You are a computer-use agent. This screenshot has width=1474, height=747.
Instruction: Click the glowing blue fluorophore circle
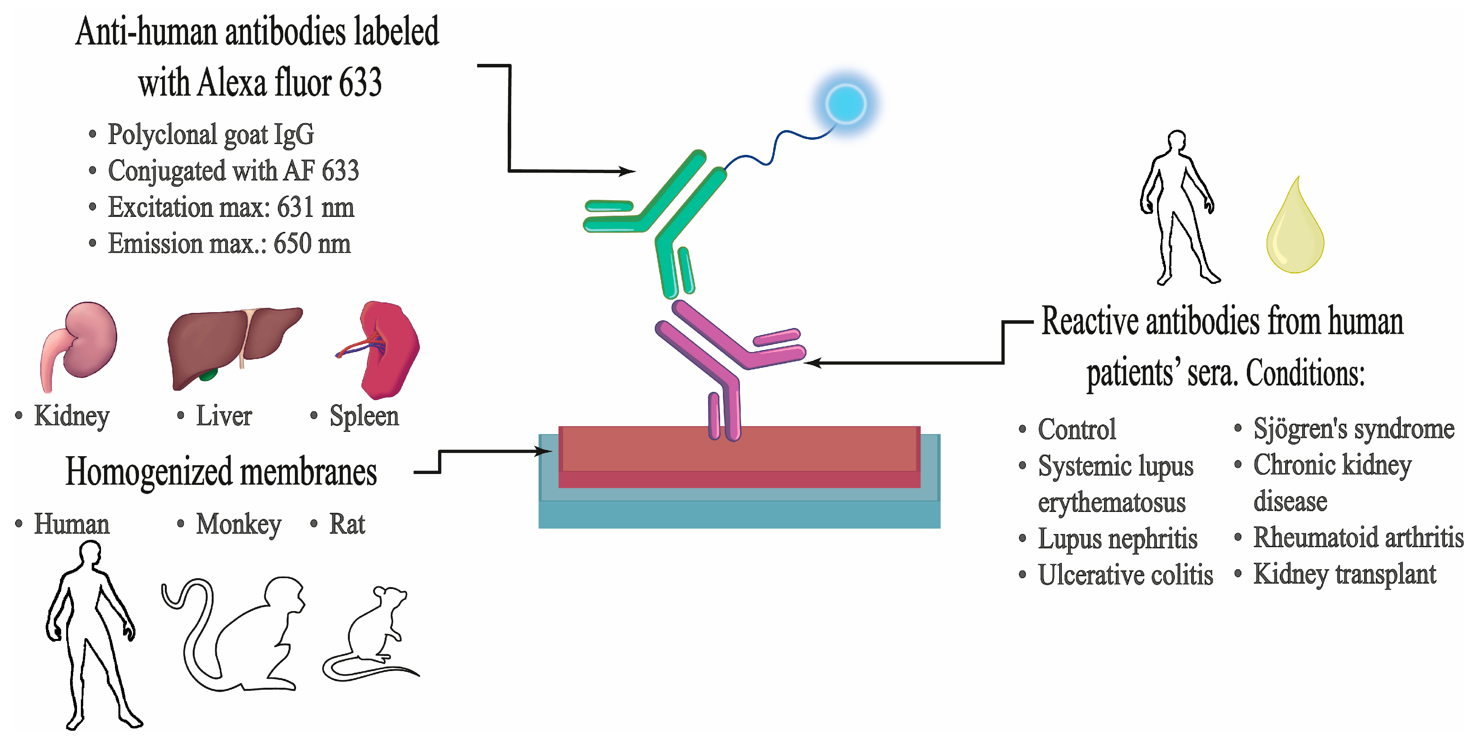pos(846,104)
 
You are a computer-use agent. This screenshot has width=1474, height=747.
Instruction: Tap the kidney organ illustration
pos(83,343)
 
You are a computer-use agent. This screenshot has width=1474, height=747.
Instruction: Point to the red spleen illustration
pos(389,349)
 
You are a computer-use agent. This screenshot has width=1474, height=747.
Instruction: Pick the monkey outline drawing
pos(240,635)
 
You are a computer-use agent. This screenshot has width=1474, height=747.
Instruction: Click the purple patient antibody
pos(727,366)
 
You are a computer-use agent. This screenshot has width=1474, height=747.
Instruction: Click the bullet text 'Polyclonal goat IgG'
pos(211,134)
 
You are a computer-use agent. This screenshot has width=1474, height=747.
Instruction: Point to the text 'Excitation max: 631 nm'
pos(231,207)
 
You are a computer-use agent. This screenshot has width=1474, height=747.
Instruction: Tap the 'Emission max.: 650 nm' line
pos(229,244)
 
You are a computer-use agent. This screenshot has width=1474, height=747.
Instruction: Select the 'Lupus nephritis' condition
pos(1117,539)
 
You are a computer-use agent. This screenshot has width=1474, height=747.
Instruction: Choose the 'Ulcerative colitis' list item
pos(1125,575)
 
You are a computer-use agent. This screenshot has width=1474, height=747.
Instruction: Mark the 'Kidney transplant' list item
pos(1344,575)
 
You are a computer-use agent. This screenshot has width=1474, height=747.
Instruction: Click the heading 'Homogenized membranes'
pos(221,472)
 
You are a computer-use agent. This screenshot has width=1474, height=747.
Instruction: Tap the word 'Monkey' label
pos(239,524)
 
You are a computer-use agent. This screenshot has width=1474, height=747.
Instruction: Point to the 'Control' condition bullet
pos(1076,429)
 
